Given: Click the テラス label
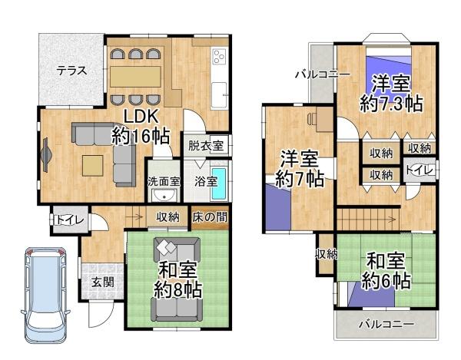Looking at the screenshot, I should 70,70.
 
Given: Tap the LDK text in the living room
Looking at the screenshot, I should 141,116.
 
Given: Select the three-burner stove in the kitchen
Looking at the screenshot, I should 219,57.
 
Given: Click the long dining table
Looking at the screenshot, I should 135,76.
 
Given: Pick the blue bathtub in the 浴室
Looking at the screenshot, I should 218,181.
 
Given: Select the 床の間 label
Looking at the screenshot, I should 210,217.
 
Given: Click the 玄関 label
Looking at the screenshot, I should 102,282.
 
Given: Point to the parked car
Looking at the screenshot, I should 45,296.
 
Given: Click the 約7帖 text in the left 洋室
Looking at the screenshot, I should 299,180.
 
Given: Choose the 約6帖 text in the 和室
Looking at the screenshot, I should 387,281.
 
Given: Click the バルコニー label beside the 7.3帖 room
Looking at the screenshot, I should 323,74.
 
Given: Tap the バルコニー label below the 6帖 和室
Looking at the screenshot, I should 386,324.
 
